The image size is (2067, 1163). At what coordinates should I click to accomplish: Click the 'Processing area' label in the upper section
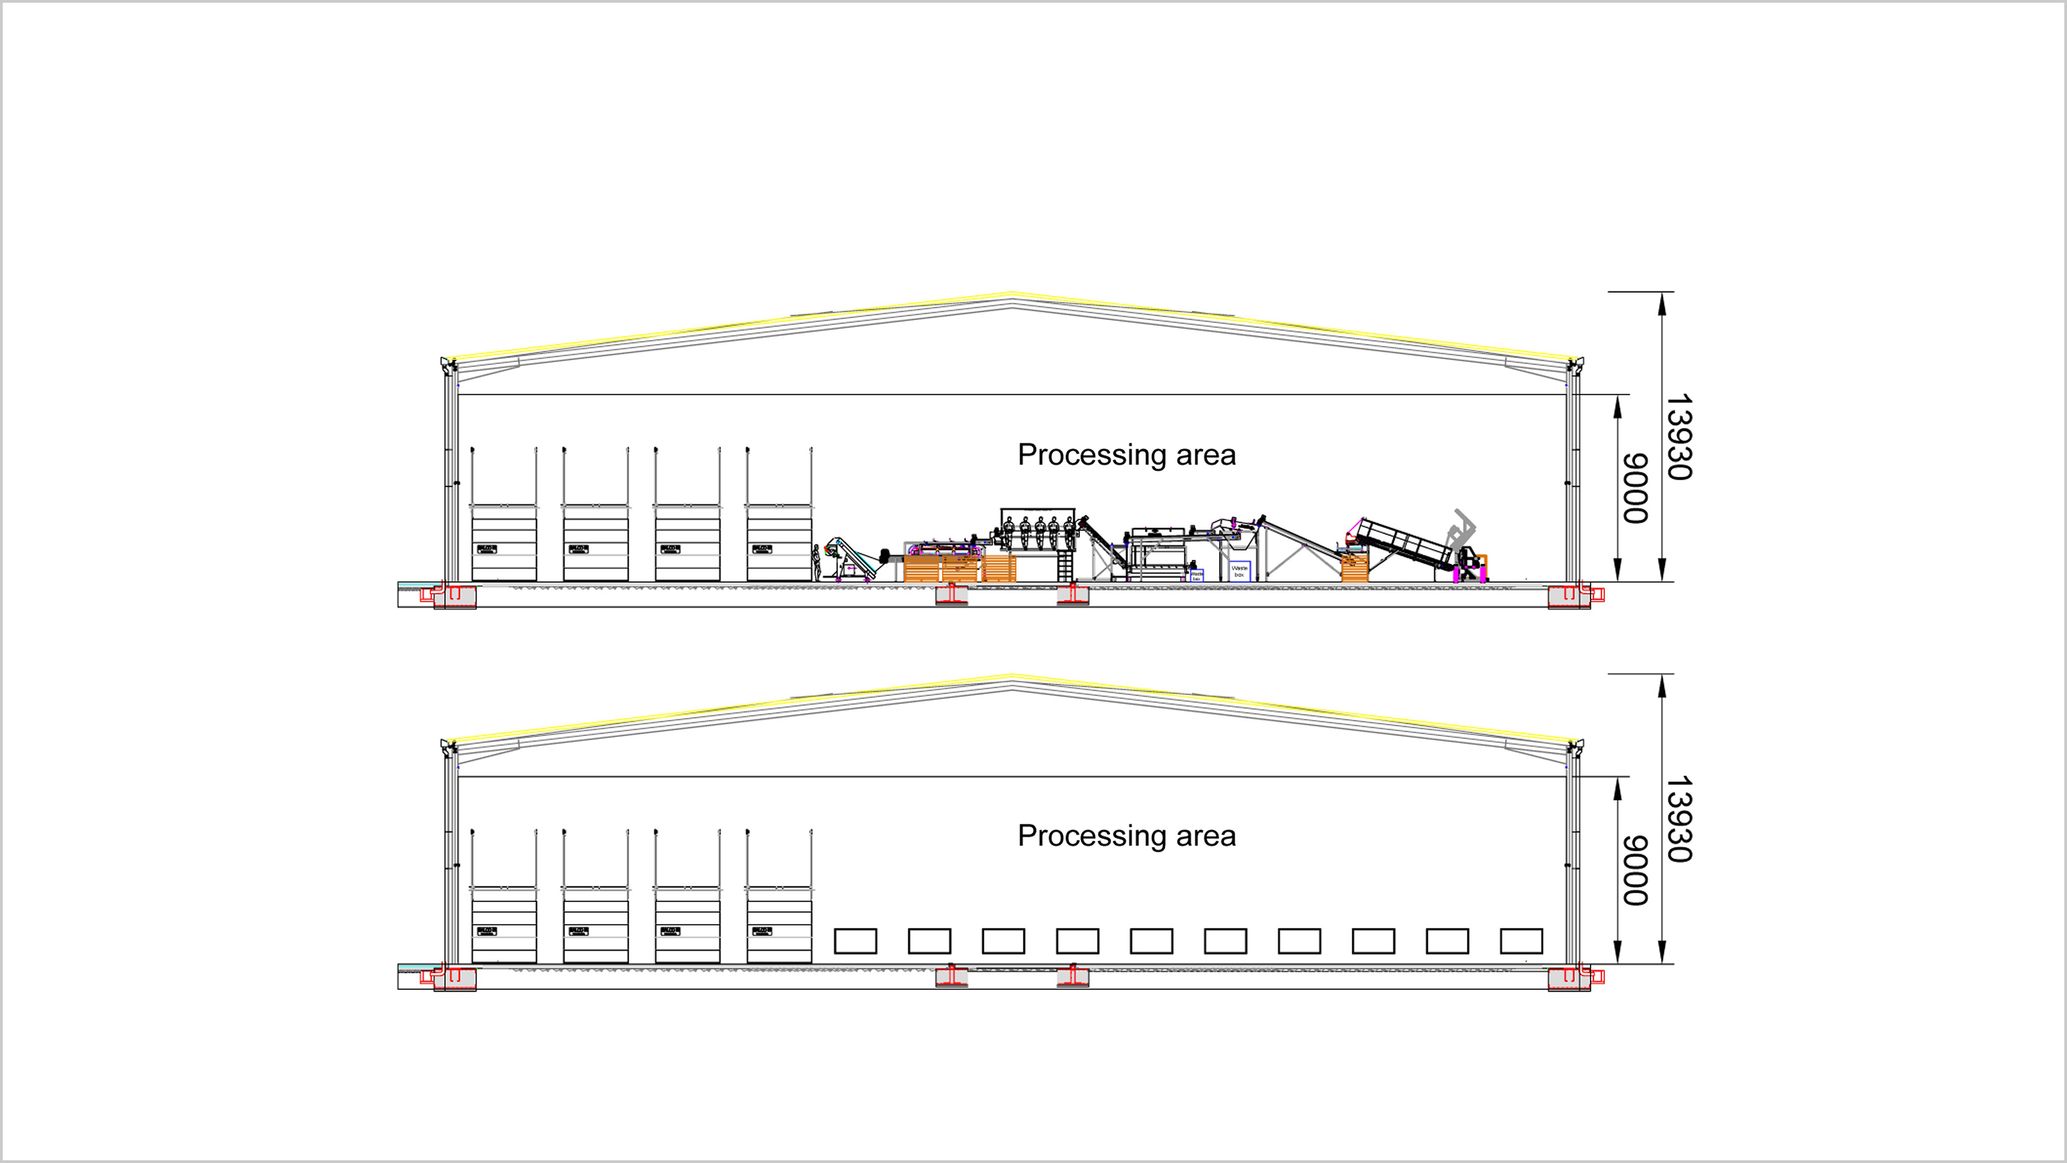tap(1127, 454)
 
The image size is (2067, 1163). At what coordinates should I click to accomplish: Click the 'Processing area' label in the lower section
tap(1127, 836)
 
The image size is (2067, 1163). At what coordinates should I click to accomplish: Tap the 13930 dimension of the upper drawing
tap(1679, 437)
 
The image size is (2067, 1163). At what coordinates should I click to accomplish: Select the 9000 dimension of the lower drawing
tap(1635, 870)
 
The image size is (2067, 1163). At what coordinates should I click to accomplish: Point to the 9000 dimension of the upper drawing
tap(1635, 488)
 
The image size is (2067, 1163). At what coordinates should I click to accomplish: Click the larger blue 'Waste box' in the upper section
tap(1240, 571)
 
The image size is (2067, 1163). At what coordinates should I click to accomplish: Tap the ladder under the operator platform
tap(1065, 566)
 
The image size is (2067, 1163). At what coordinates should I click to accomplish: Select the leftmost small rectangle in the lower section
tap(855, 941)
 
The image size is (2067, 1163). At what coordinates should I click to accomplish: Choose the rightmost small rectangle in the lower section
tap(1521, 941)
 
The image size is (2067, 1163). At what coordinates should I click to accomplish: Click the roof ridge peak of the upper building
tap(1013, 296)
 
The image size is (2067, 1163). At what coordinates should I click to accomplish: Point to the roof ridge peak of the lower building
tap(1013, 677)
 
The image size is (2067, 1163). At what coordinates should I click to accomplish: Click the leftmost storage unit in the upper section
tap(504, 543)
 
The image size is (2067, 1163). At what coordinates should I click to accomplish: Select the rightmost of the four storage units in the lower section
tap(779, 924)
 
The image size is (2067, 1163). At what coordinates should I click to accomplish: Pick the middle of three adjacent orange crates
tap(960, 568)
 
